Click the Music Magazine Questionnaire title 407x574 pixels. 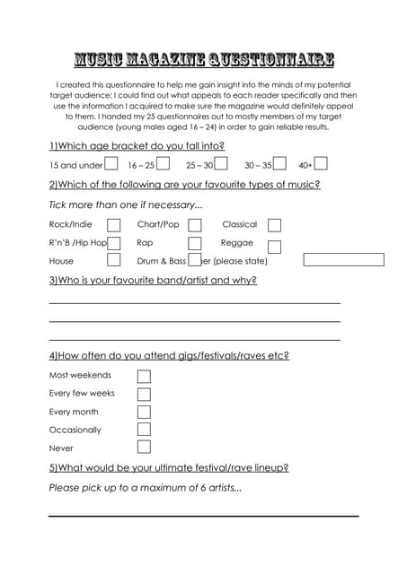(x=203, y=60)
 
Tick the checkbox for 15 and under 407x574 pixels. (x=111, y=164)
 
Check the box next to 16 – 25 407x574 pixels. (x=163, y=164)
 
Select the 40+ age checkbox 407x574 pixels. (x=321, y=164)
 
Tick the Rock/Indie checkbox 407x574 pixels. (x=114, y=225)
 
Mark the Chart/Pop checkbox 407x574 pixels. (x=195, y=225)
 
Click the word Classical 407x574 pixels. (x=240, y=224)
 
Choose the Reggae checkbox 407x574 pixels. (x=274, y=247)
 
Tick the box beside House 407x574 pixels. (x=114, y=260)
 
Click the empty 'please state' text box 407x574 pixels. (x=343, y=260)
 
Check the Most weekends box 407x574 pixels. (x=144, y=376)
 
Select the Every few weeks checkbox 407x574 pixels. (x=144, y=394)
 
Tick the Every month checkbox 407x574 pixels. (x=144, y=412)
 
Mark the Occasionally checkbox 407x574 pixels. (x=144, y=430)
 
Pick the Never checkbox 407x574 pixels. (x=144, y=447)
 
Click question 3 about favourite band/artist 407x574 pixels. (x=153, y=281)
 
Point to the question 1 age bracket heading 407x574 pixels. (x=137, y=145)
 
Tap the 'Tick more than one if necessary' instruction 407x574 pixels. (x=126, y=204)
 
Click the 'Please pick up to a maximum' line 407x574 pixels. (x=146, y=488)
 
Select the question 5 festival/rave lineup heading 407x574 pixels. (x=169, y=467)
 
